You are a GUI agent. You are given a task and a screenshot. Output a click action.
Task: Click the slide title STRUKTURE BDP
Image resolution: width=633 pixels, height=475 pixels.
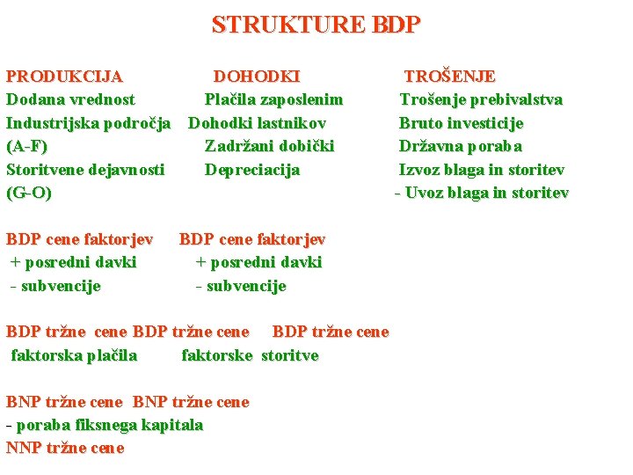(316, 24)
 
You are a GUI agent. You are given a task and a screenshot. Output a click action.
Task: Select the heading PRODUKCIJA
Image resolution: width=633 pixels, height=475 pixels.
(64, 77)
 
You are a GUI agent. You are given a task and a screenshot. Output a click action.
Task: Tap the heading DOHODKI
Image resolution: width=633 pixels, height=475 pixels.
(257, 77)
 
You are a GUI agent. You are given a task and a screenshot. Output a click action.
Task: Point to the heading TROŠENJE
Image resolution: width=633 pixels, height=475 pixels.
(449, 77)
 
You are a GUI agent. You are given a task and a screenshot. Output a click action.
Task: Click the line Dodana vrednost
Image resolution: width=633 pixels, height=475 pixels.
(70, 99)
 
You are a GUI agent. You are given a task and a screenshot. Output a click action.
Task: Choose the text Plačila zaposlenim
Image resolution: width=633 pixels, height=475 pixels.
(273, 99)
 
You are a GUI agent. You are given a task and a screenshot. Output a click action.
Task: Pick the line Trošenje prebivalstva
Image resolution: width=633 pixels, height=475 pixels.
(481, 99)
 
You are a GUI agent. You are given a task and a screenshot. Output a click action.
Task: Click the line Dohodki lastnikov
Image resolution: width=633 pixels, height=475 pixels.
(258, 123)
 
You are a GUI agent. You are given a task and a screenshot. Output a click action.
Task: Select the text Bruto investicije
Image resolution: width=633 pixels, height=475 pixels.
(461, 123)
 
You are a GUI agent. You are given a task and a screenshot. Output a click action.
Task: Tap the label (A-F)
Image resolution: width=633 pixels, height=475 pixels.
(27, 146)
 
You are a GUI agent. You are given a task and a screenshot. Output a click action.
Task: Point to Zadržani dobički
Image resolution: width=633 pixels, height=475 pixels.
(269, 146)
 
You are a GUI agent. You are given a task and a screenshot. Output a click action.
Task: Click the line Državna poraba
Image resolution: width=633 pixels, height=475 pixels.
(460, 146)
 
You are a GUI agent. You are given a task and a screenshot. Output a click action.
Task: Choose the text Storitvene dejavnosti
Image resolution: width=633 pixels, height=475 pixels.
(85, 170)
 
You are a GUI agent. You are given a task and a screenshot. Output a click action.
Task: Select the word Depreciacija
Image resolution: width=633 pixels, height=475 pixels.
(252, 170)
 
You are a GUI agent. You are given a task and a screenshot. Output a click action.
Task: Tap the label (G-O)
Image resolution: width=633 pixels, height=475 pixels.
(29, 193)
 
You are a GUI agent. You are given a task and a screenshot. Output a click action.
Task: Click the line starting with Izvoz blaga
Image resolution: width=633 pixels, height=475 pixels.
(482, 170)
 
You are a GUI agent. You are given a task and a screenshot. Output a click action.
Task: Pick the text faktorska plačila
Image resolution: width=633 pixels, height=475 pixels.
(74, 355)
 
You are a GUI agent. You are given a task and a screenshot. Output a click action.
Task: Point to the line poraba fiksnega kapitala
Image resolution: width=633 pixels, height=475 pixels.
(105, 425)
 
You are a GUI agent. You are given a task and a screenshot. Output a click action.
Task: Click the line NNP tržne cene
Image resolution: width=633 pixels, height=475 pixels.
(65, 448)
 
